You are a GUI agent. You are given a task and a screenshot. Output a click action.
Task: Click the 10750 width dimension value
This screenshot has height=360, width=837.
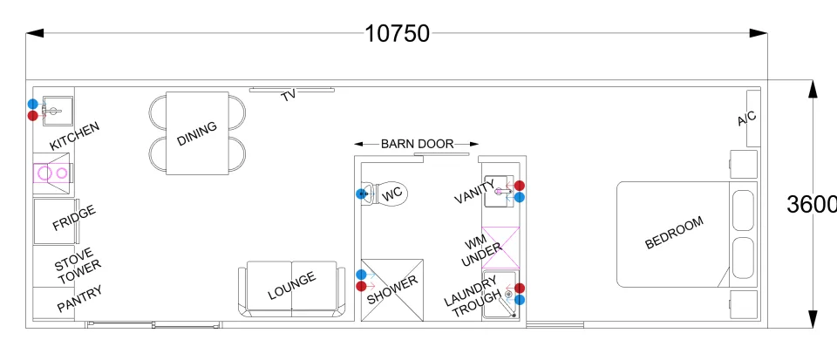(397, 34)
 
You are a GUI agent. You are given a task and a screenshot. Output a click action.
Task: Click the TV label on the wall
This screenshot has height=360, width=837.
(289, 96)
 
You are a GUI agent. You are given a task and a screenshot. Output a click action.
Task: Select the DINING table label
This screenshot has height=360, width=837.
(198, 133)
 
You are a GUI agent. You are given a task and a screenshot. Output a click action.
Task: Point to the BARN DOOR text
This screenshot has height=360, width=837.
(417, 144)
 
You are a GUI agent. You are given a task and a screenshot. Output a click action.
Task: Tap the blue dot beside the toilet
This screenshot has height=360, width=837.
(361, 194)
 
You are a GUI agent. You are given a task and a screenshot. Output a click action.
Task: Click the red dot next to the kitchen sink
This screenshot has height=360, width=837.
(33, 115)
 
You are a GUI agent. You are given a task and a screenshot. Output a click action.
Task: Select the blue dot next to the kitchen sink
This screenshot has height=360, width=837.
(33, 104)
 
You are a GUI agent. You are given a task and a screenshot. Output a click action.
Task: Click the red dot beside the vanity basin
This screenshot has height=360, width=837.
(520, 186)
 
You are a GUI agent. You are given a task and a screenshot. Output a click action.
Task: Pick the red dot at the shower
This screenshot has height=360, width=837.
(361, 287)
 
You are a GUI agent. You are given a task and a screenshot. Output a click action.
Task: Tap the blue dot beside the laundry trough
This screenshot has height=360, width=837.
(520, 300)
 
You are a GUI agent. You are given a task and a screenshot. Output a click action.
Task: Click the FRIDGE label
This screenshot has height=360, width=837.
(74, 218)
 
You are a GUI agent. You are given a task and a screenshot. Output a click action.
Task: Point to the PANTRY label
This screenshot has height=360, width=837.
(79, 299)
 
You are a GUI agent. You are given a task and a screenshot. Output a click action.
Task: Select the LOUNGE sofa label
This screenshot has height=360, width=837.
(292, 286)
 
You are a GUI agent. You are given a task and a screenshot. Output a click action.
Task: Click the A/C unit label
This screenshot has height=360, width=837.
(747, 119)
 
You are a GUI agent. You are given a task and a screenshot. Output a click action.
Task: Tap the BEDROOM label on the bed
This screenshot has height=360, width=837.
(674, 233)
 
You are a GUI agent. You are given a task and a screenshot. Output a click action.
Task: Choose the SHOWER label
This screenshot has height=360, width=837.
(392, 289)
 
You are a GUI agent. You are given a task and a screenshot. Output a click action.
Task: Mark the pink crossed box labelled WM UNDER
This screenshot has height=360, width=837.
(500, 248)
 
